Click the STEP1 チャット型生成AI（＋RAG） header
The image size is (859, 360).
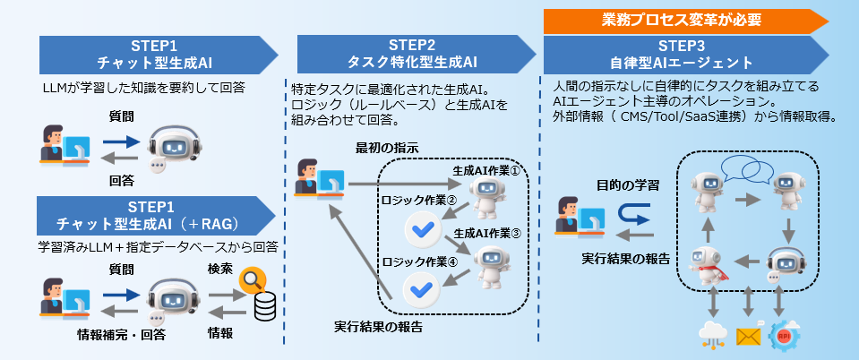click(152, 216)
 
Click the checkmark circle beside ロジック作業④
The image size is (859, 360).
click(420, 287)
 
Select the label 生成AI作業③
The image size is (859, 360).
click(486, 232)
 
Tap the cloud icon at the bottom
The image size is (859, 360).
click(713, 336)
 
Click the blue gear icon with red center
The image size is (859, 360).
click(782, 335)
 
